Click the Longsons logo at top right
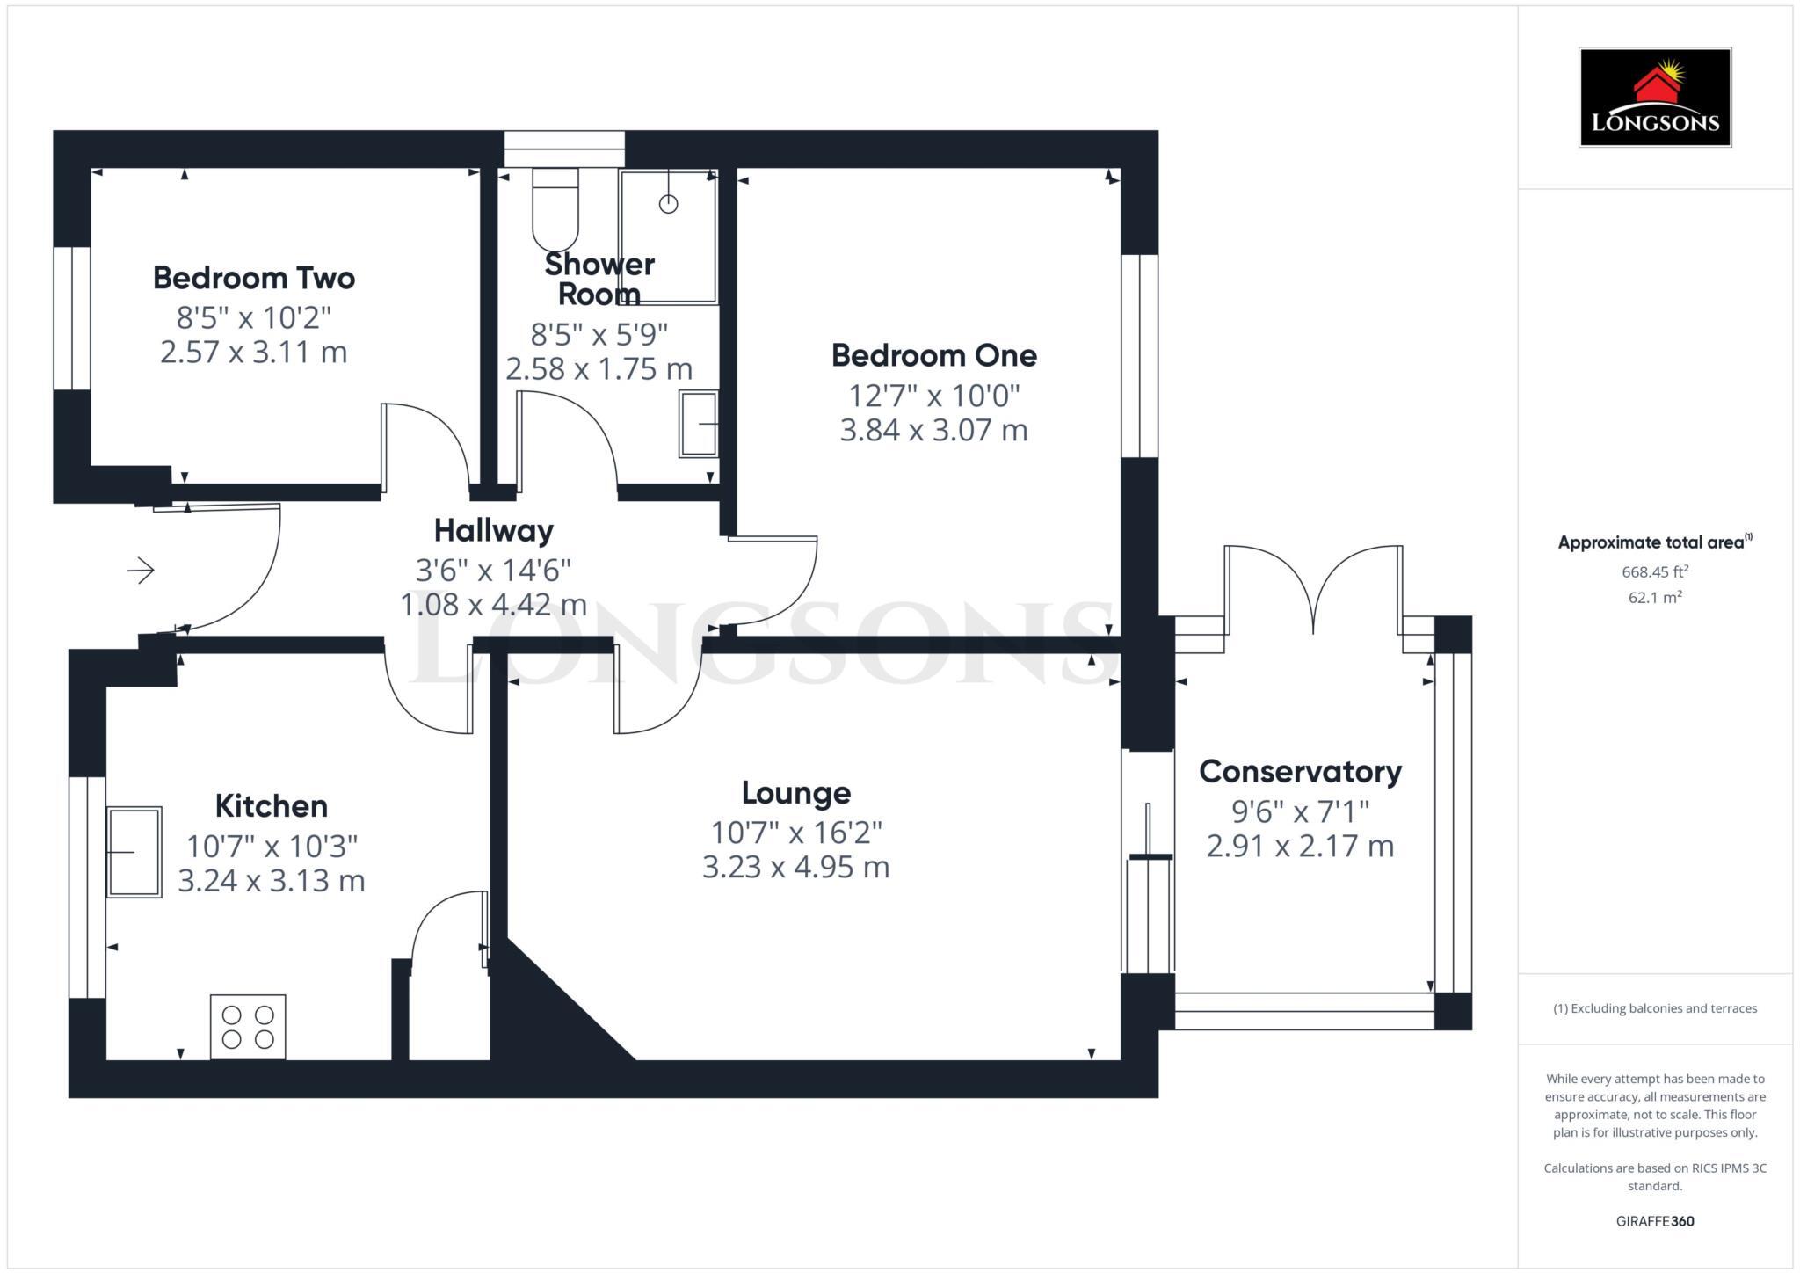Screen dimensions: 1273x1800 [1655, 98]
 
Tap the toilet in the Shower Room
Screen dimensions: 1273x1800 [555, 209]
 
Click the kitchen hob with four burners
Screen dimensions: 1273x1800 [248, 1026]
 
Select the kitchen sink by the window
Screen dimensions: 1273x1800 [134, 852]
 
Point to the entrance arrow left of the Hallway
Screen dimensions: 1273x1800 [141, 571]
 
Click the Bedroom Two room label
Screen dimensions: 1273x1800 [254, 278]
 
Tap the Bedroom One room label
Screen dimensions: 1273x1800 [933, 355]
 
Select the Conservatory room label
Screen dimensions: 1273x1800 [1300, 771]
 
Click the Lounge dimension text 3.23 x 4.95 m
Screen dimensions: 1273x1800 [795, 867]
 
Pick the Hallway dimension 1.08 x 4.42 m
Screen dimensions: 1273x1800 [493, 605]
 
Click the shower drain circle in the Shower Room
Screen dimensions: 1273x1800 [668, 204]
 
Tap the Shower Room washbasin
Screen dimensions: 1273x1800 [699, 424]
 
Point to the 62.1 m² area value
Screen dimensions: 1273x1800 [1655, 598]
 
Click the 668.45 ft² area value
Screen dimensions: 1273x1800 [1655, 571]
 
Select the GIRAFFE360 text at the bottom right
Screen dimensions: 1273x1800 [1655, 1221]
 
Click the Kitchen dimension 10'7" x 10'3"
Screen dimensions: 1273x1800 [272, 846]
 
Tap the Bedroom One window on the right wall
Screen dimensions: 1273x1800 [1140, 356]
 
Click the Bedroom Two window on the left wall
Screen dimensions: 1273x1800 [72, 318]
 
